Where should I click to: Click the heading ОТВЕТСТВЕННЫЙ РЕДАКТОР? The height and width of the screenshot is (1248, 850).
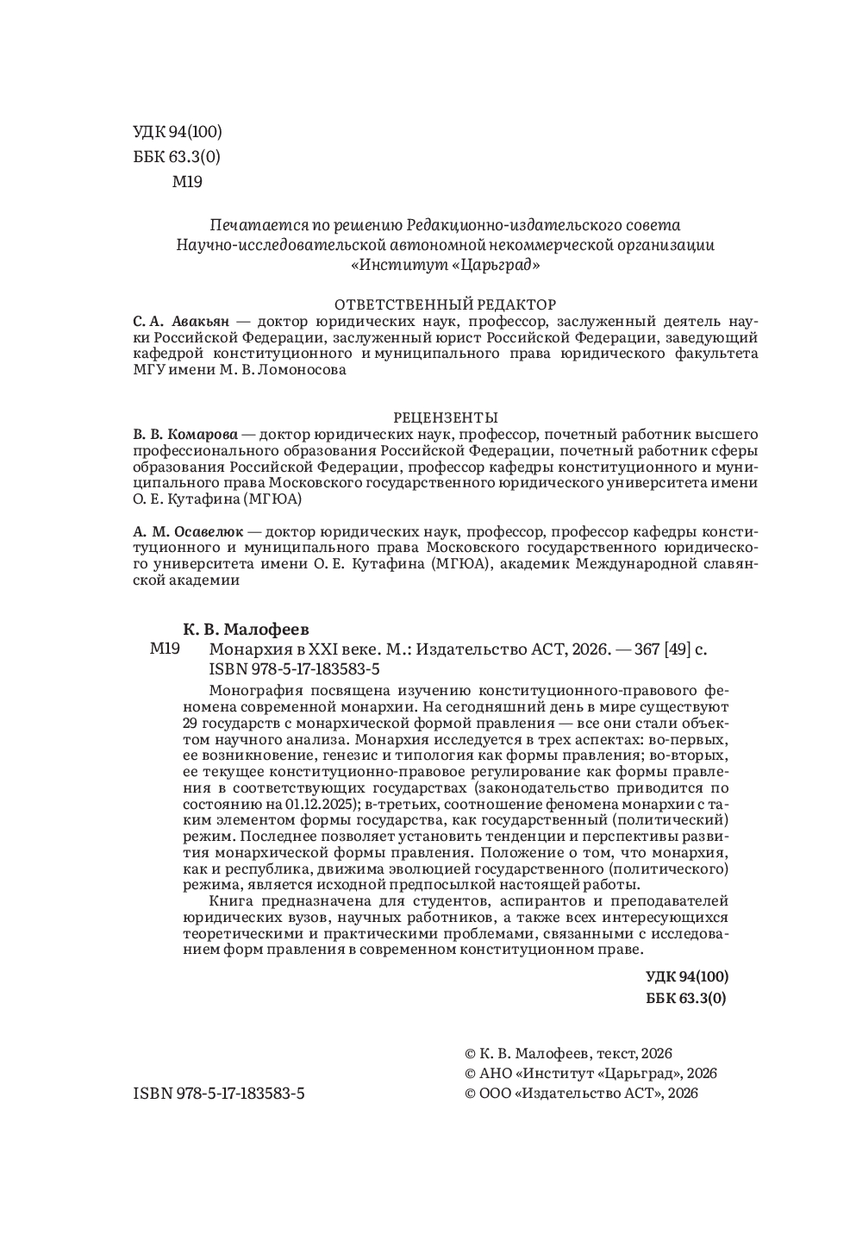click(x=445, y=304)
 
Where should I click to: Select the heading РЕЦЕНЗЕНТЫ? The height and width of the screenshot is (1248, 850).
click(x=446, y=417)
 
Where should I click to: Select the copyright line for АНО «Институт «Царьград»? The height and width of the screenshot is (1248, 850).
click(x=591, y=1073)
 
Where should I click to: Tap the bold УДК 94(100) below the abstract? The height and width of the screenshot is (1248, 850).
click(x=686, y=977)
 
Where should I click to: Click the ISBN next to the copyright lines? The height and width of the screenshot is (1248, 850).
click(x=219, y=1093)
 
